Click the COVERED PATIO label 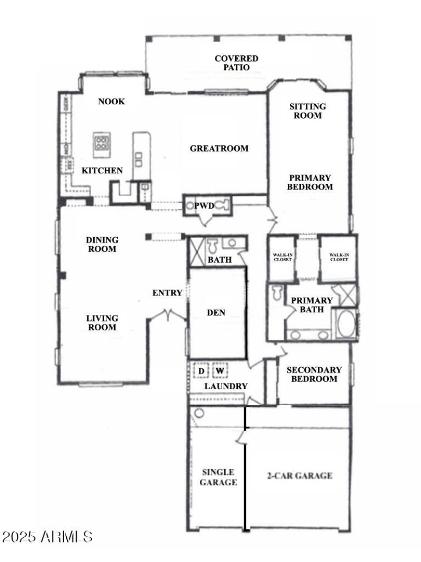click(x=236, y=63)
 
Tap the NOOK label click(x=112, y=101)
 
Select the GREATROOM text click(x=219, y=149)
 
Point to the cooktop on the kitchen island click(x=102, y=143)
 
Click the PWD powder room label click(x=204, y=206)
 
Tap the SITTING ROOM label click(x=308, y=111)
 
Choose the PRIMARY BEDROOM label click(x=310, y=182)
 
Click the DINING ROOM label click(x=102, y=244)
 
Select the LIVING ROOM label click(x=102, y=322)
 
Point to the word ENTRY click(x=167, y=293)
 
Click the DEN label click(x=216, y=312)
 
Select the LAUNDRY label click(x=226, y=386)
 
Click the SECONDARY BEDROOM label click(x=314, y=374)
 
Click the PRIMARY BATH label click(x=312, y=305)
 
